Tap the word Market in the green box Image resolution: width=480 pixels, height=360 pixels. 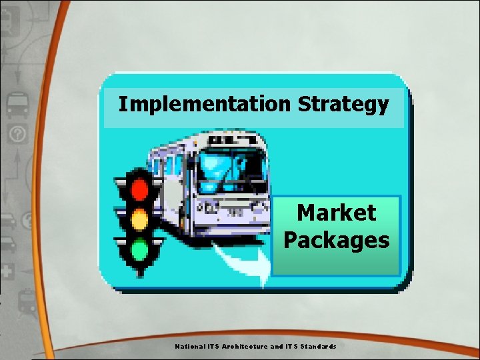coord(336,213)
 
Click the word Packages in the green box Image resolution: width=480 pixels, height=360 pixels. coord(336,239)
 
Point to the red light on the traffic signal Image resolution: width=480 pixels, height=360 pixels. coord(139,189)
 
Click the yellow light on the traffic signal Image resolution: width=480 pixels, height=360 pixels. coord(139,219)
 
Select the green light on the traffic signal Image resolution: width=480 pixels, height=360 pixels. coord(139,250)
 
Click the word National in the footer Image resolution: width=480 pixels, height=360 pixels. coord(189,347)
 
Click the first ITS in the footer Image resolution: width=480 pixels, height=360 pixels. coord(213,347)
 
